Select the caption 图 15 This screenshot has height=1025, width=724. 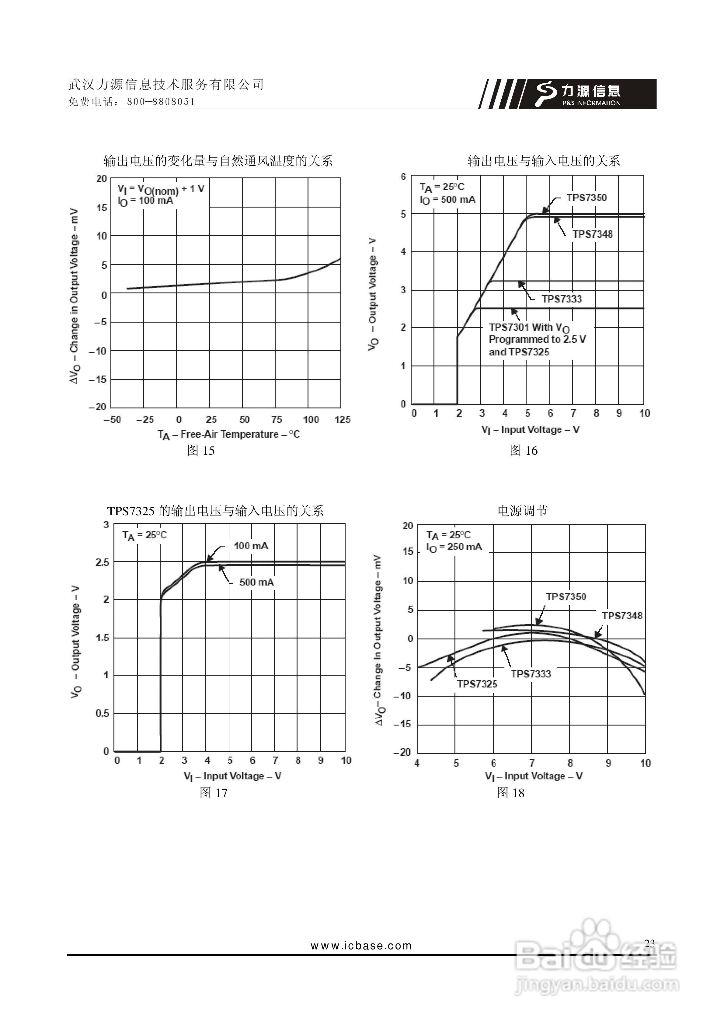pos(200,450)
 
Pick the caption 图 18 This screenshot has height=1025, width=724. pos(511,793)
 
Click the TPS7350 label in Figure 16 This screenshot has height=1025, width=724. pos(587,198)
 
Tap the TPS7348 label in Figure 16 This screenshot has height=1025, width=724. pos(592,234)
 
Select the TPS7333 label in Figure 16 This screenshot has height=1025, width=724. pos(562,299)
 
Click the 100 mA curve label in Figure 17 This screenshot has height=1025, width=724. pos(251,546)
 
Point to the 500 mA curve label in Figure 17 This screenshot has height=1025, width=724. pos(257,582)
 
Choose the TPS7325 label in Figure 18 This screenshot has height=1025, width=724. pos(477,684)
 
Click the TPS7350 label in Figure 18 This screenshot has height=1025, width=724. pos(566,597)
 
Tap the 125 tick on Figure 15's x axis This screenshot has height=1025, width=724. pos(342,420)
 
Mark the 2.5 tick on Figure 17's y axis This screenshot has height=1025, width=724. pos(102,562)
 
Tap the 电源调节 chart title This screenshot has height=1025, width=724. pos(522,511)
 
